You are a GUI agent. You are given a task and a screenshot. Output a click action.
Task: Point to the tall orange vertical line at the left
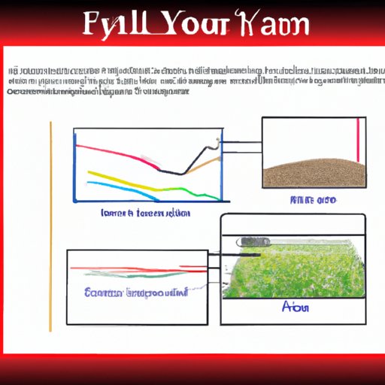tap(50, 226)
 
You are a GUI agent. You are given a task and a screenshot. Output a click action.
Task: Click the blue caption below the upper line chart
tap(145, 214)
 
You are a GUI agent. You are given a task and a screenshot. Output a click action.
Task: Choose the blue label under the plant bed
tap(290, 307)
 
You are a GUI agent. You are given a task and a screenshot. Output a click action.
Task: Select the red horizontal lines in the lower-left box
tap(139, 268)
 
